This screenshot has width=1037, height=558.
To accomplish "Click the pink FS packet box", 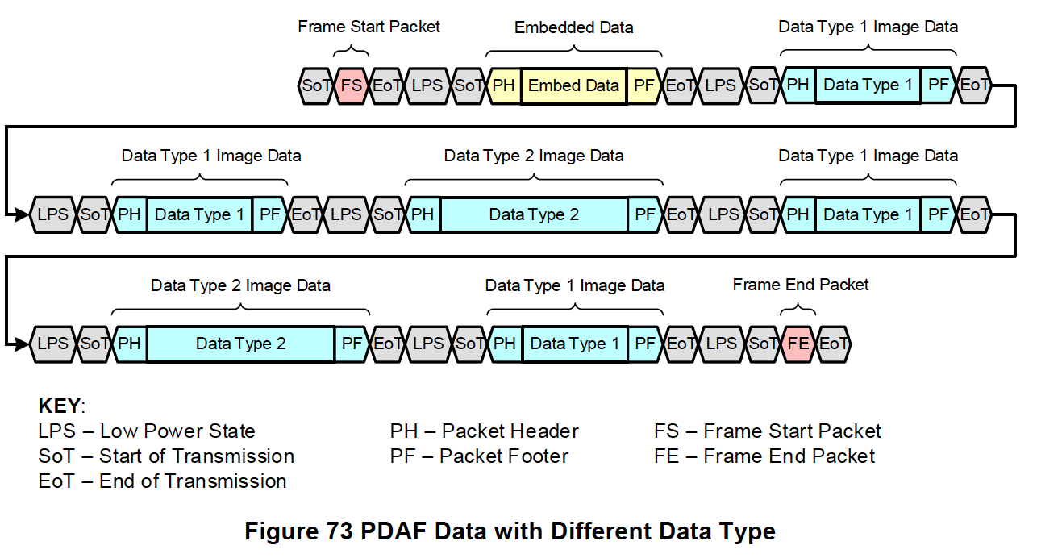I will tap(351, 85).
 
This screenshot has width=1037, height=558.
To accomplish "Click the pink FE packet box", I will tap(798, 344).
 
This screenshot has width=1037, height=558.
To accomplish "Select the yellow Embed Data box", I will tap(573, 85).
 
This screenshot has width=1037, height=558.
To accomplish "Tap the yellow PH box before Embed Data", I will tap(504, 85).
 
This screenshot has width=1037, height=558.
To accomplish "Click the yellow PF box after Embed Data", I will tap(643, 85).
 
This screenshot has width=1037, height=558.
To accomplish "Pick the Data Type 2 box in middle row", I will tap(534, 214).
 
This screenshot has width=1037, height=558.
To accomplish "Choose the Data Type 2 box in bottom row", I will tap(240, 344).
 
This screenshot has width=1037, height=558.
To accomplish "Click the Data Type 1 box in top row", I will tap(868, 85).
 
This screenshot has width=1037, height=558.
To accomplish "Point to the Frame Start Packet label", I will tap(369, 27).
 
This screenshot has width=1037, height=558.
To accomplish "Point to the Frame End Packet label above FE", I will tap(800, 285).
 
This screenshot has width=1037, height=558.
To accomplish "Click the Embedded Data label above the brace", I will tap(573, 27).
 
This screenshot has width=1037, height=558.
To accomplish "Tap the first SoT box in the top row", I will tap(314, 85).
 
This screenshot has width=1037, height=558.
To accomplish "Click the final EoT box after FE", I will tap(834, 344).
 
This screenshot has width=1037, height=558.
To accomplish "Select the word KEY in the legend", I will tap(60, 406).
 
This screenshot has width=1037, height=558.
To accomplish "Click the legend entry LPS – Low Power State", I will tap(146, 431).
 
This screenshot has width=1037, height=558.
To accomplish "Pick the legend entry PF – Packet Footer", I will tap(479, 456).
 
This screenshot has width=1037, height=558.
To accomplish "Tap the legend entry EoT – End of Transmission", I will tap(162, 481).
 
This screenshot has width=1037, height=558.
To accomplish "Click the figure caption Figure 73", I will tap(510, 532).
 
